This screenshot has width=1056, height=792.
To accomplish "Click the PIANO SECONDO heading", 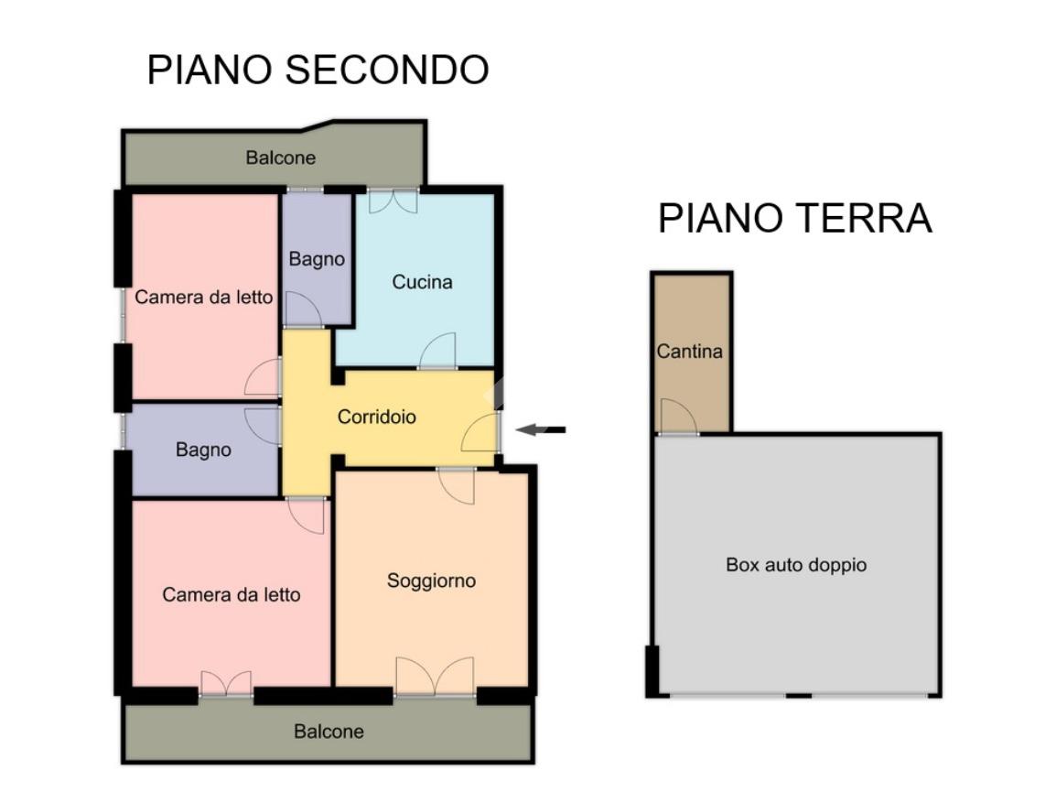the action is tap(318, 71).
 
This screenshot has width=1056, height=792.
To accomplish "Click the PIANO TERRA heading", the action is tap(794, 219).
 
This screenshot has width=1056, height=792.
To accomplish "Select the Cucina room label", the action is tap(422, 282).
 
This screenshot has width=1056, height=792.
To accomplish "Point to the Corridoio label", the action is tap(377, 418).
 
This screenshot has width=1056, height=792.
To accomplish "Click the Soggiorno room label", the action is tap(431, 580).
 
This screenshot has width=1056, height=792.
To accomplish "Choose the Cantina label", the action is tap(689, 352).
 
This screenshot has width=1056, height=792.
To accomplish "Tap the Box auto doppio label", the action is tap(795, 565).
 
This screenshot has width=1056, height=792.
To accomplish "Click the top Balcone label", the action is tap(280, 157).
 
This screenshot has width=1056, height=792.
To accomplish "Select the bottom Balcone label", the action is tap(329, 732).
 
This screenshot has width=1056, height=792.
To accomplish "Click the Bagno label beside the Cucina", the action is tap(317, 259).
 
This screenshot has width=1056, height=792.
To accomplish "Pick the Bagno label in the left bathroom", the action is tap(203, 450).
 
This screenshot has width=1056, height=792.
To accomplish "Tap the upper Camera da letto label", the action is tap(203, 298).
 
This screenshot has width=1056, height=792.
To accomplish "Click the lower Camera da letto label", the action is tap(231, 595).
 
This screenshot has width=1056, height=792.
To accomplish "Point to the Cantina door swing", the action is tap(677, 418).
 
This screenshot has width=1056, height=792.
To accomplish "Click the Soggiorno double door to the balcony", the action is tap(435, 678).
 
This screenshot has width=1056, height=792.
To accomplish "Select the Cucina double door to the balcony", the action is tap(393, 201).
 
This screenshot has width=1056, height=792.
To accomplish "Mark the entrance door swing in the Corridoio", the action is tap(481, 432).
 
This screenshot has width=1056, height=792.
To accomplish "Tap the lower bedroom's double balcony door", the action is tap(226, 684).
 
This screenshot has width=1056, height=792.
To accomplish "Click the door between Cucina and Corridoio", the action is tap(438, 352).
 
